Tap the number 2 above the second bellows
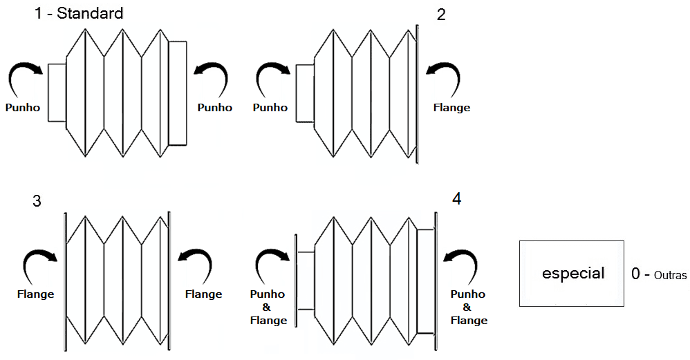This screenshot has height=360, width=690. point(442,15)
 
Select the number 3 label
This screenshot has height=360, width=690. point(37,201)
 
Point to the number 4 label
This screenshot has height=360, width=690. point(456,199)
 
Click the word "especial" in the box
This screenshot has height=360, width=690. point(573,273)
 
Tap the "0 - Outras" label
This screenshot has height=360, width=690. point(659,274)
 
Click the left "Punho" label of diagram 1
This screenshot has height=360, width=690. point(22,108)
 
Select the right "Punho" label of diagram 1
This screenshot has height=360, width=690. point(215,108)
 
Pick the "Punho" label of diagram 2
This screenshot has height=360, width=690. point(270,108)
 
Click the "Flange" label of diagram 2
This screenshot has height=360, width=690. point(451,108)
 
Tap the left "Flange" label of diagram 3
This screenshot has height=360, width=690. point(35,294)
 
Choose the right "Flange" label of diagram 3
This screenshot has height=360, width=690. point(204,294)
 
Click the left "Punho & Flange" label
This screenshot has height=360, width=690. point(268,307)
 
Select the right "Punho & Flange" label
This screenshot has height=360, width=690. point(469,307)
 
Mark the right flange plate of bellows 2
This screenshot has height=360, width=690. point(417,93)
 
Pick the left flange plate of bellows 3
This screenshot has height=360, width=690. point(64,280)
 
